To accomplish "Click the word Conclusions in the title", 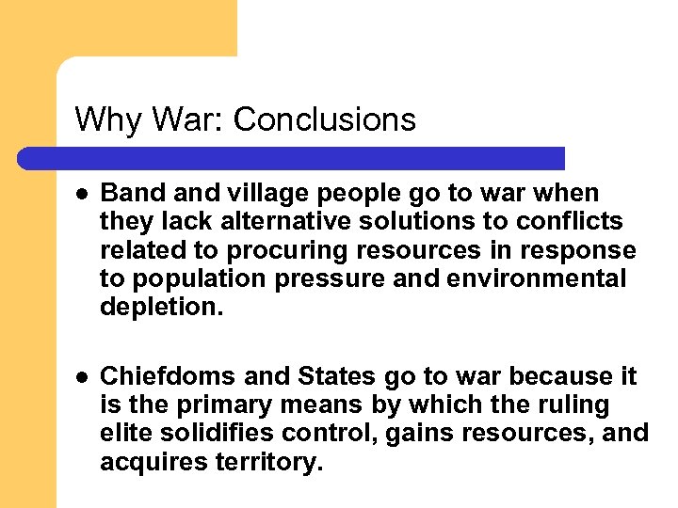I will pos(324,119).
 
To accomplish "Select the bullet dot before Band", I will pos(82,194).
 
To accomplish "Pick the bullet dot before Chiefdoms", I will pos(82,377).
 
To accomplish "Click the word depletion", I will pos(162,308).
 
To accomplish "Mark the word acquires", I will pos(151,461).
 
